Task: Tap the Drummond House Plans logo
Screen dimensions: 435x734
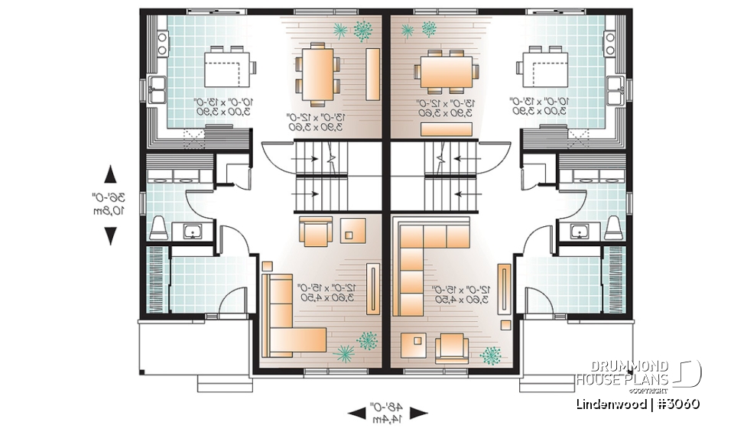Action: pyautogui.click(x=638, y=373)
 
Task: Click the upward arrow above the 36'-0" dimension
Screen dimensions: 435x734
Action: pyautogui.click(x=110, y=174)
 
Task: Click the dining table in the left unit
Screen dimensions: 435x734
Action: pyautogui.click(x=319, y=74)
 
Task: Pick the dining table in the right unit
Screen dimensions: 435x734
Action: pyautogui.click(x=447, y=74)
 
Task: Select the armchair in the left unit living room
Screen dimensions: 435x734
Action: pyautogui.click(x=316, y=231)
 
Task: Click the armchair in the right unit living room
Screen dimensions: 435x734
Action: pyautogui.click(x=452, y=348)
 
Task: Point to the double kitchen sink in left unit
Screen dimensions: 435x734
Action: pyautogui.click(x=158, y=90)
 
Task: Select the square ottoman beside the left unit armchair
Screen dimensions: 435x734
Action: pyautogui.click(x=353, y=229)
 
